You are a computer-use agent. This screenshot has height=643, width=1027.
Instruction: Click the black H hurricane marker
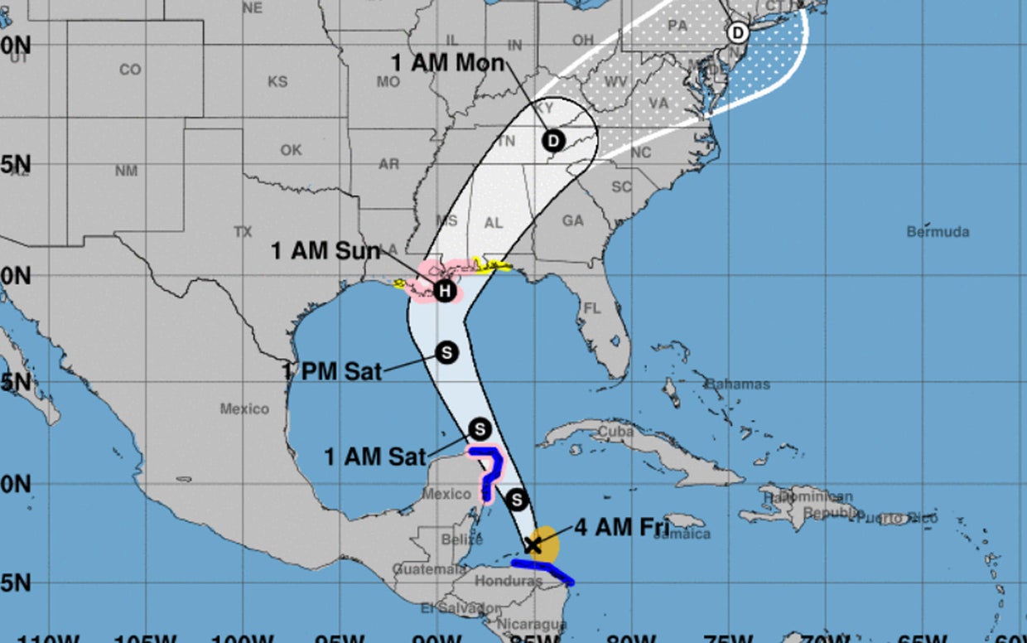pyautogui.click(x=445, y=291)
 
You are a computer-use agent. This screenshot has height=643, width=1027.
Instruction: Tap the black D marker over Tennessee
pyautogui.click(x=553, y=140)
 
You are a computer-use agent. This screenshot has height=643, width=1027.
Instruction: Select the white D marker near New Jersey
pyautogui.click(x=737, y=33)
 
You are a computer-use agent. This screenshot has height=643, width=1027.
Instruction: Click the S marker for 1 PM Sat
pyautogui.click(x=446, y=352)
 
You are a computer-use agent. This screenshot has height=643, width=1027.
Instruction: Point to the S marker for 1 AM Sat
pyautogui.click(x=480, y=428)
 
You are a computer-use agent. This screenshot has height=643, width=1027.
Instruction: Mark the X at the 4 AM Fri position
pyautogui.click(x=533, y=544)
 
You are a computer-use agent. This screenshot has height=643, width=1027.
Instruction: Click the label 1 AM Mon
pyautogui.click(x=448, y=64)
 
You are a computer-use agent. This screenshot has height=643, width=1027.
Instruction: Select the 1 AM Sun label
pyautogui.click(x=325, y=251)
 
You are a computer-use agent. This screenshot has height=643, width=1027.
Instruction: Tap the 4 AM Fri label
pyautogui.click(x=621, y=527)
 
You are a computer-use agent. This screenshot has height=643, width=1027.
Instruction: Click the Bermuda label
pyautogui.click(x=938, y=232)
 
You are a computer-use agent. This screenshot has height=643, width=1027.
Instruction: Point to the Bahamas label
pyautogui.click(x=737, y=384)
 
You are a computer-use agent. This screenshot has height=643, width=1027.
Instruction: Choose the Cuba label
pyautogui.click(x=615, y=432)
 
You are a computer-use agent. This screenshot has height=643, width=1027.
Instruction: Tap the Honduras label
pyautogui.click(x=508, y=582)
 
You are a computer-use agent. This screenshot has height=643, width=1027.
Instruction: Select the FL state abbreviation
pyautogui.click(x=591, y=308)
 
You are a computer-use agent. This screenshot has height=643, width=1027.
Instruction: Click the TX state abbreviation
pyautogui.click(x=243, y=232)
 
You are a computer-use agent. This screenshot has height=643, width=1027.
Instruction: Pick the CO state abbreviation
pyautogui.click(x=130, y=70)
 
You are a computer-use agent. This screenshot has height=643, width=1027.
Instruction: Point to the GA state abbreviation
pyautogui.click(x=572, y=221)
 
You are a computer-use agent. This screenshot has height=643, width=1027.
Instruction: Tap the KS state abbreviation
pyautogui.click(x=277, y=82)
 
